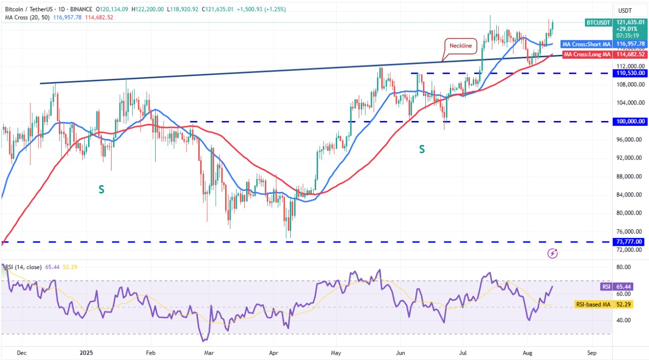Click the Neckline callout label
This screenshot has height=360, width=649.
click(461, 46)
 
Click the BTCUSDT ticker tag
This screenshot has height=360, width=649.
click(598, 23)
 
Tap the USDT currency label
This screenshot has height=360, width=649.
click(625, 11)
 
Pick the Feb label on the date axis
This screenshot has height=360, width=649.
click(150, 352)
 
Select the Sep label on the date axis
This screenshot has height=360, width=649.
click(591, 352)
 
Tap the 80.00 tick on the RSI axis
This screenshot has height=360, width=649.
click(623, 267)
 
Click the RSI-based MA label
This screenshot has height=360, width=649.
click(592, 305)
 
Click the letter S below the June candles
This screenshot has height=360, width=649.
click(421, 149)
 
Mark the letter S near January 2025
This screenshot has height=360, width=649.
click(101, 189)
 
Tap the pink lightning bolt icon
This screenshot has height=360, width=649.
click(553, 253)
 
